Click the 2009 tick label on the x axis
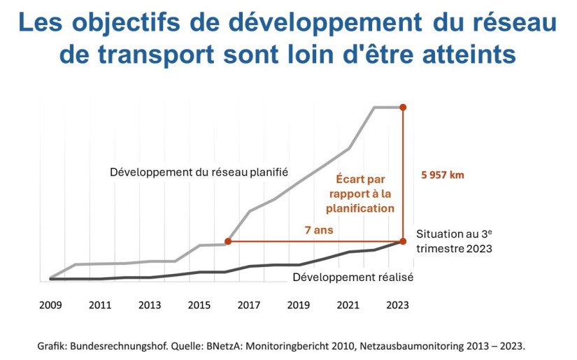[51, 305]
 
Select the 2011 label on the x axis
[101, 305]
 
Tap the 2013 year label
[150, 305]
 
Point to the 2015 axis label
[199, 305]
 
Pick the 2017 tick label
[249, 305]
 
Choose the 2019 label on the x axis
[299, 305]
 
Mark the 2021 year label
[348, 305]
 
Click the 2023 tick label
[397, 305]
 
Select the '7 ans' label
[318, 229]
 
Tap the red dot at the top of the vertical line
[403, 107]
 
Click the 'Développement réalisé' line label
[352, 278]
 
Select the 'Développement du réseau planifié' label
[199, 172]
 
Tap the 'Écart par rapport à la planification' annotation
[360, 194]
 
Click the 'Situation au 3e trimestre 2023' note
[455, 241]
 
